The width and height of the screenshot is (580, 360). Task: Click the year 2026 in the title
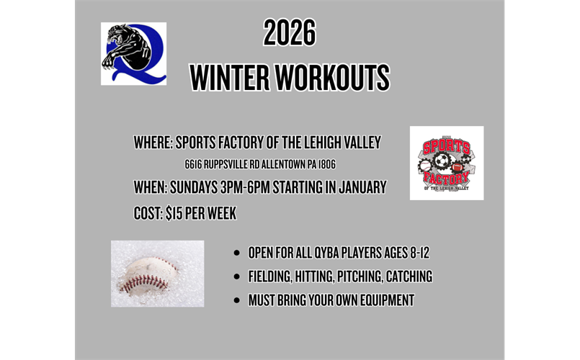(x=290, y=34)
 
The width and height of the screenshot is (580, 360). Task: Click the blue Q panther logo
(x=133, y=54)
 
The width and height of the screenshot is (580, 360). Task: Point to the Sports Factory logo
(x=446, y=163)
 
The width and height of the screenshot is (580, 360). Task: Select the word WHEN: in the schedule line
(x=151, y=188)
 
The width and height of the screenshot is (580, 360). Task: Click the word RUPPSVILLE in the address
(x=216, y=165)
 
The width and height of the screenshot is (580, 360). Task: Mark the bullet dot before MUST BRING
(x=237, y=300)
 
